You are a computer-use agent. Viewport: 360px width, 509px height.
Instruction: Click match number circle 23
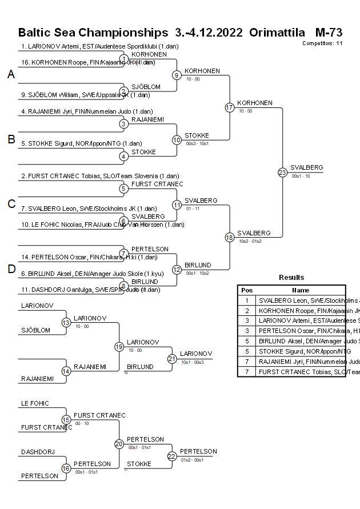(282, 173)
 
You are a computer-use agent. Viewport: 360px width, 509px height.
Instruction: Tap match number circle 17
(229, 107)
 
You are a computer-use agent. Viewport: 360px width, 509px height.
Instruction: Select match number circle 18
(229, 237)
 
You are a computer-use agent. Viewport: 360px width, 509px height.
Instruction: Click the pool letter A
(11, 74)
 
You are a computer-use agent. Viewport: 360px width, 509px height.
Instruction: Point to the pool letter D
(11, 269)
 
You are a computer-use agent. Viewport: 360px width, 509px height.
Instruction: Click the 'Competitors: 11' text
(322, 43)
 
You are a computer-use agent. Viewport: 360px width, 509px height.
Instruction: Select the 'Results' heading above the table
(291, 277)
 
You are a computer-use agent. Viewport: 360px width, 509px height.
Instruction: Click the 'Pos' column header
(247, 290)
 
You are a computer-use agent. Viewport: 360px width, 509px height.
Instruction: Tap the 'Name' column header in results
(301, 290)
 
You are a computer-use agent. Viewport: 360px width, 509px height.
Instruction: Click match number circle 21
(172, 359)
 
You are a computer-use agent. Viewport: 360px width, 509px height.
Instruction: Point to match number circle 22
(172, 456)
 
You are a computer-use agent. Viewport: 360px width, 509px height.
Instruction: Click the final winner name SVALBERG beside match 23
(306, 167)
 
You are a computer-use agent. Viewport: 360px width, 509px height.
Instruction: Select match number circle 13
(66, 323)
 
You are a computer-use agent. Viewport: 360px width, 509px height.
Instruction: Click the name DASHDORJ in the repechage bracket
(38, 452)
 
